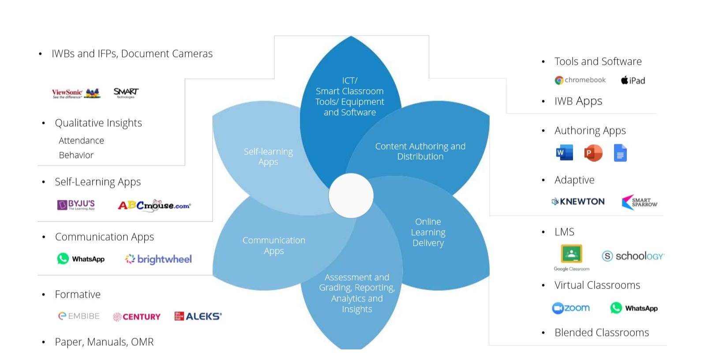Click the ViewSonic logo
point(76,93)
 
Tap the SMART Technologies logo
point(126,93)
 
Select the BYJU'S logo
point(76,205)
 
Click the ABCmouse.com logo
point(154,205)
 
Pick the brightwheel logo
point(158,259)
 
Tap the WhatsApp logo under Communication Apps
point(81,259)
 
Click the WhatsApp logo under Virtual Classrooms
point(633,308)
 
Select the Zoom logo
point(571,308)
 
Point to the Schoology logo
point(633,256)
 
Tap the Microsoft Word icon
point(564,153)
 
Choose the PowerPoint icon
point(593,153)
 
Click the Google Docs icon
point(620,153)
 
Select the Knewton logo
point(578,202)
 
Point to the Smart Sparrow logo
point(639,202)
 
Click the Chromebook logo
point(580,80)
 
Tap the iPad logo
point(633,80)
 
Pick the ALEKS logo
point(198,316)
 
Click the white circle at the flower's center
point(351,195)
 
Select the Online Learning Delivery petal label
point(428,232)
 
